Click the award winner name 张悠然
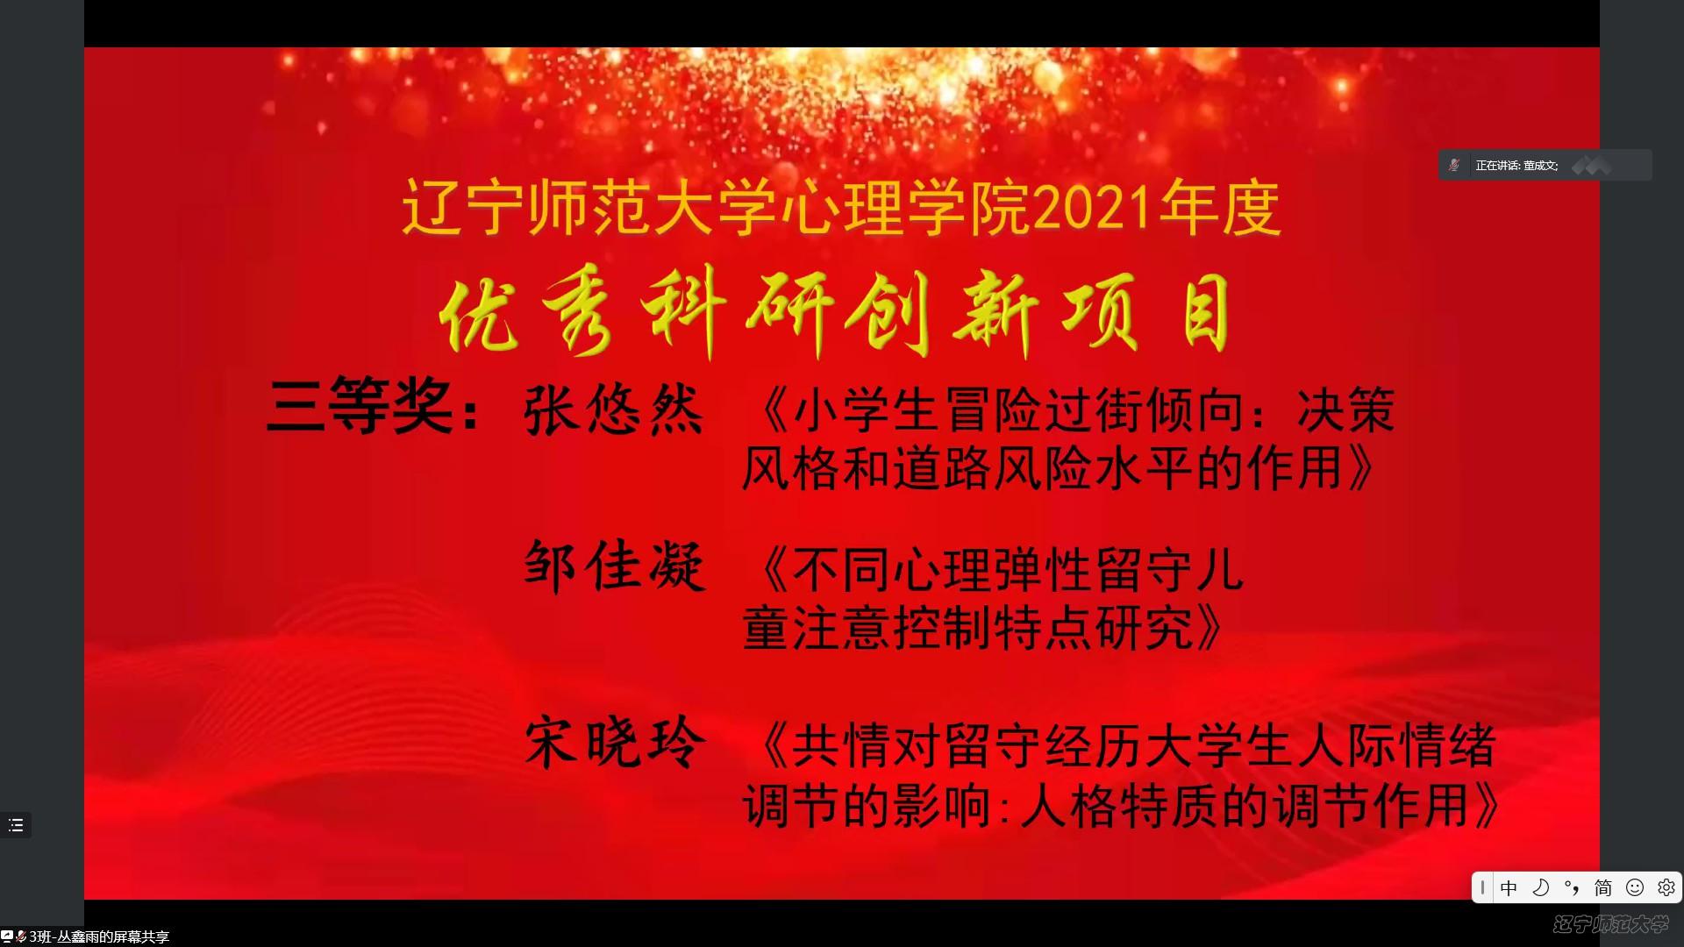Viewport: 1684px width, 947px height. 614,409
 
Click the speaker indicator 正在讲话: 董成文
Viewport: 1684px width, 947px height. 1516,165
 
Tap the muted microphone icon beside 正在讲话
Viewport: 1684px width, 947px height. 1454,165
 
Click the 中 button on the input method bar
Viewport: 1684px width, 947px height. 1509,887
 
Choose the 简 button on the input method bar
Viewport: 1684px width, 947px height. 1603,887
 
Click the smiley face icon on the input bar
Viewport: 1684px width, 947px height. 1635,887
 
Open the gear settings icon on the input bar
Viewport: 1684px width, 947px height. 1666,887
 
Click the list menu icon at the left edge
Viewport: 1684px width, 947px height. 16,825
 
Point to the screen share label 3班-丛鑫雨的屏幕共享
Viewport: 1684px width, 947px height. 99,936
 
